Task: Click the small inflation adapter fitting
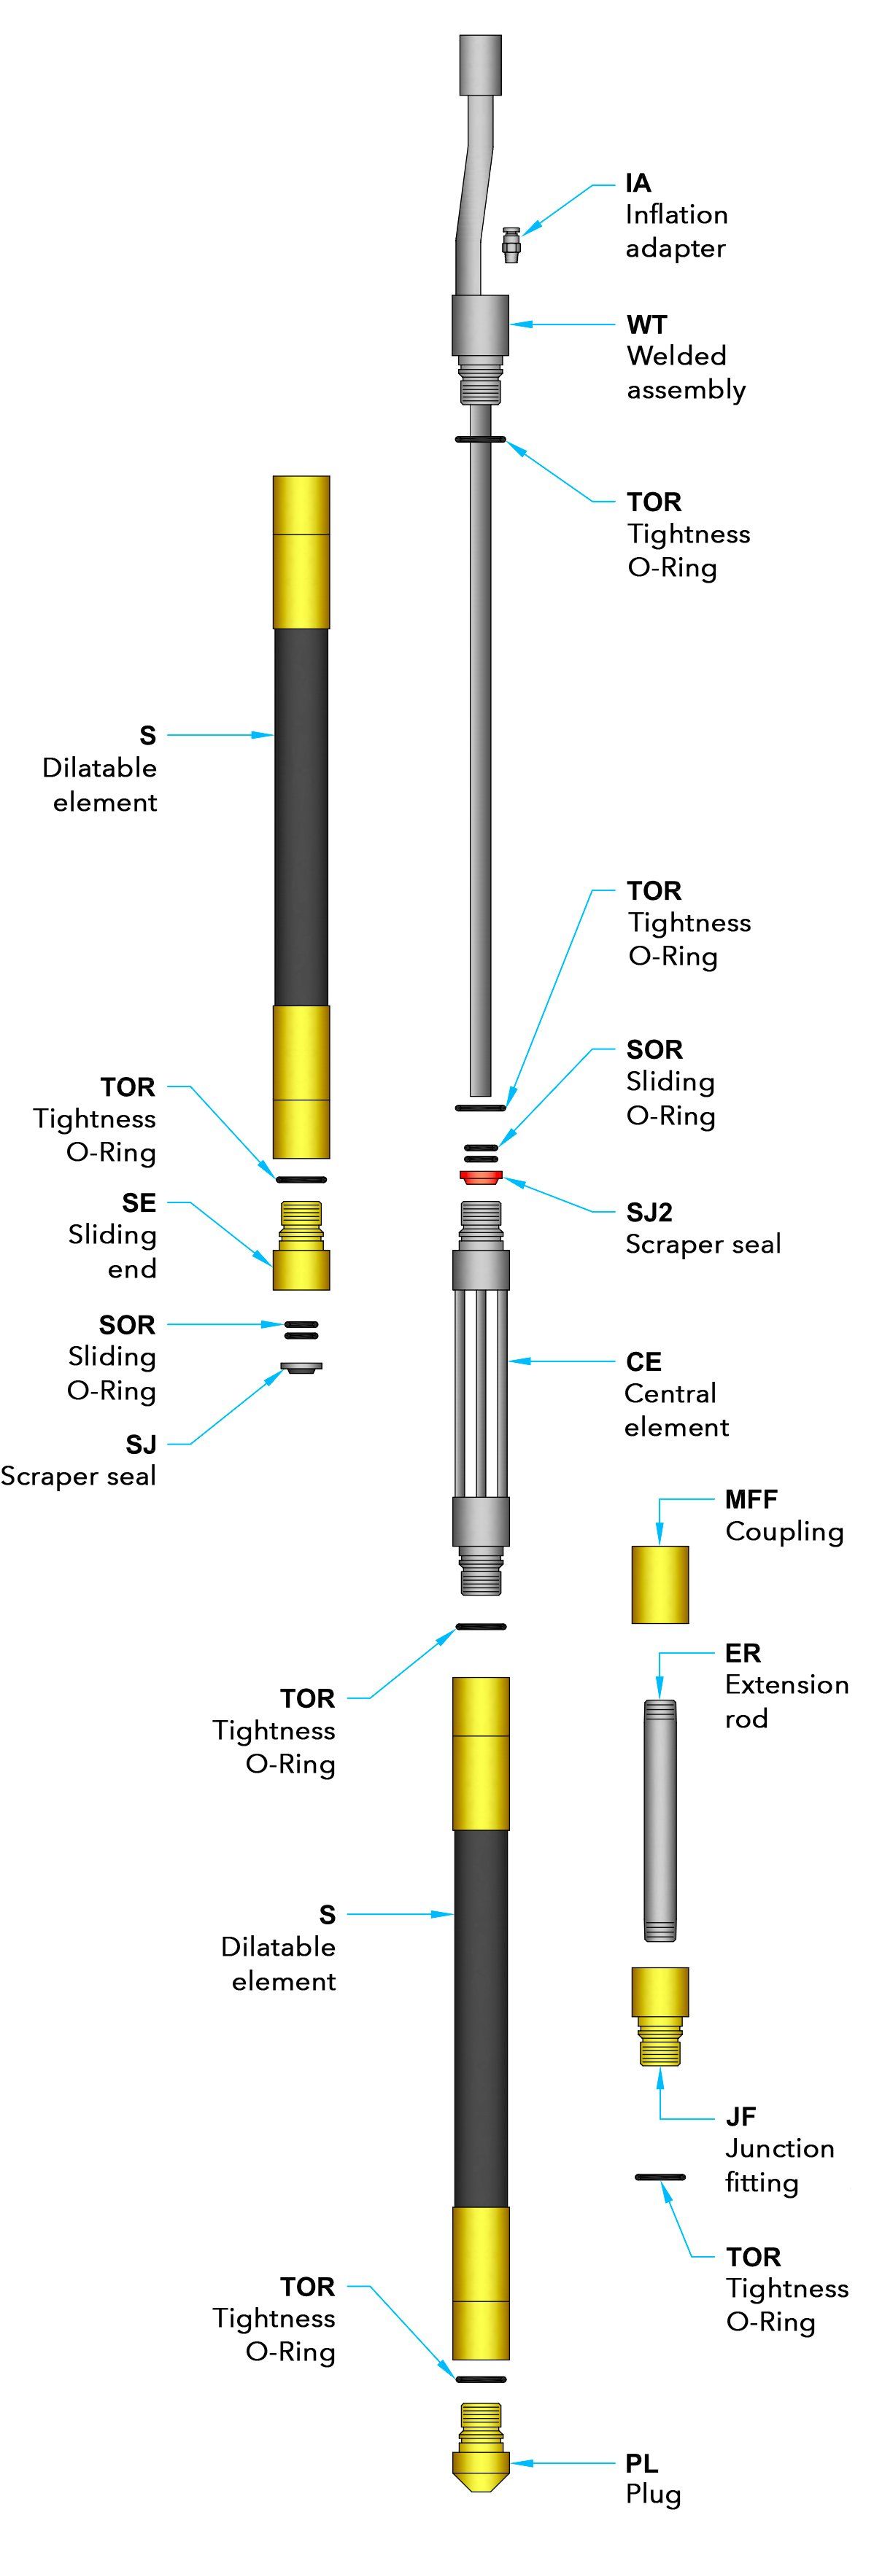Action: (x=511, y=244)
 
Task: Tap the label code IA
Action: (x=638, y=183)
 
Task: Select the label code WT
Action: (x=646, y=324)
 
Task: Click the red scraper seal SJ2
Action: (x=481, y=1178)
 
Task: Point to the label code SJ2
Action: (x=649, y=1213)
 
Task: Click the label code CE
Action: (x=643, y=1361)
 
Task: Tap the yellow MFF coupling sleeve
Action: (x=660, y=1584)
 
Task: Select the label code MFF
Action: (x=751, y=1499)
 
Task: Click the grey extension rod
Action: (x=660, y=1820)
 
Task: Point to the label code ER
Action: (x=742, y=1653)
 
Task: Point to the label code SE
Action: (x=139, y=1202)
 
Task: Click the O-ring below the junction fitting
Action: (x=660, y=2177)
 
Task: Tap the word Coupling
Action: (x=784, y=1531)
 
